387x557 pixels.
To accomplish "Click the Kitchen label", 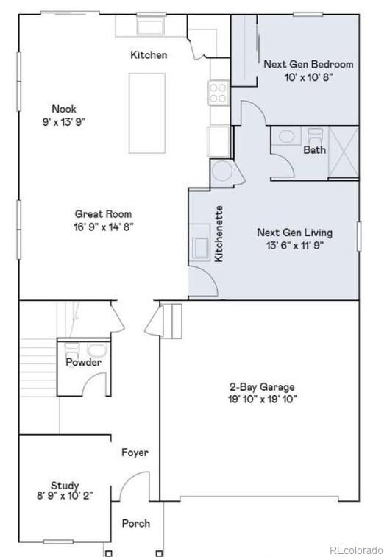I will (149, 55).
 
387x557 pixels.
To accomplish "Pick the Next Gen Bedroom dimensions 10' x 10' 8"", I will (308, 77).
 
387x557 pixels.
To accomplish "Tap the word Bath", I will (314, 149).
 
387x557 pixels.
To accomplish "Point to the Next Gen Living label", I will (294, 233).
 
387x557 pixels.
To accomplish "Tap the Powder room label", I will (84, 363).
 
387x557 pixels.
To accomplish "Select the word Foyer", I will (135, 453).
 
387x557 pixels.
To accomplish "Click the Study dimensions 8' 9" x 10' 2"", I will (65, 497).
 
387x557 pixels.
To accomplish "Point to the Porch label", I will (135, 523).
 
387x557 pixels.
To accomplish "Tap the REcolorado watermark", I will (355, 550).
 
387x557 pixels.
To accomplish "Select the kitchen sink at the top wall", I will (151, 28).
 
